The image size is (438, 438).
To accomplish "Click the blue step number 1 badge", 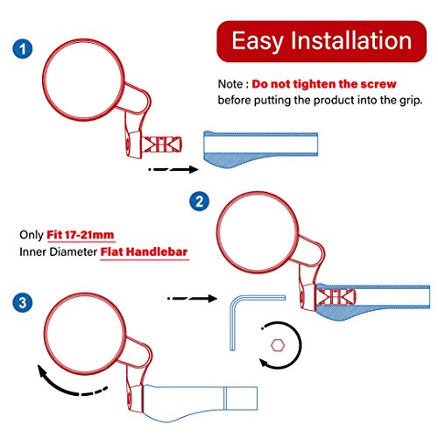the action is (x=23, y=48).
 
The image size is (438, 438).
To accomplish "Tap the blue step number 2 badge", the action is (x=199, y=201).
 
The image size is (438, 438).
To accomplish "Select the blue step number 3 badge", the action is (x=23, y=302).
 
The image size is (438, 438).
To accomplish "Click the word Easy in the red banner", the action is (x=258, y=41).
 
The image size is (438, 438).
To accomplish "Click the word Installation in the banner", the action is (x=351, y=40).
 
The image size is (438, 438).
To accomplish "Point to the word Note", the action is (x=230, y=84).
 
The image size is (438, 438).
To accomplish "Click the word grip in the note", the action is (x=411, y=101).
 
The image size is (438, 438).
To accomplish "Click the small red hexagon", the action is (x=278, y=345).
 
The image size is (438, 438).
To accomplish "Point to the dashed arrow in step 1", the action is (x=173, y=169).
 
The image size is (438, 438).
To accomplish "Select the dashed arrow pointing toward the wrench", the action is (x=193, y=299).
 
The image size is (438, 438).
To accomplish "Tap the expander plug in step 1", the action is (x=162, y=145).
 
